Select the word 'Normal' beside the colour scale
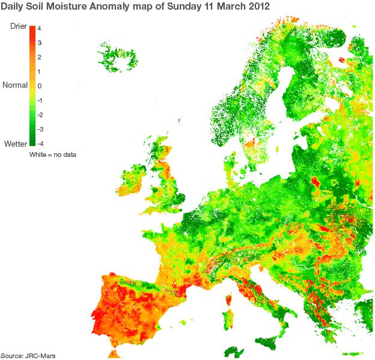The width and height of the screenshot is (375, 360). tap(15, 85)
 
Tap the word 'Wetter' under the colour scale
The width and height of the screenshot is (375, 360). tap(15, 144)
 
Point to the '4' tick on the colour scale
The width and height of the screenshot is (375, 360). tap(38, 28)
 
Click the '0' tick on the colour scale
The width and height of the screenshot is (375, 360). tap(38, 86)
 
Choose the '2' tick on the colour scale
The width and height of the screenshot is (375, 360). tap(38, 57)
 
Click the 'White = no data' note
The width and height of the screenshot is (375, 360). tap(53, 155)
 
